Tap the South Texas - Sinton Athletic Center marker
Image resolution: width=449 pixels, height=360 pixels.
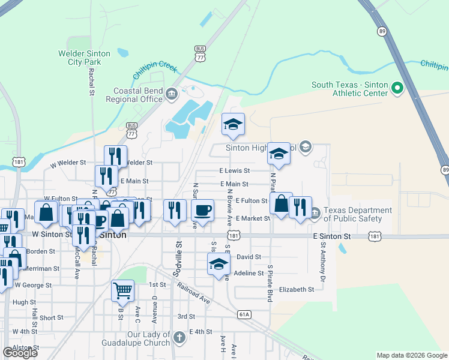[397, 89]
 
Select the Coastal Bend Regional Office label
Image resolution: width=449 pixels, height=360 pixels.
[139, 95]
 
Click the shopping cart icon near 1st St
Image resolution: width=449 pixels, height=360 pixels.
[122, 290]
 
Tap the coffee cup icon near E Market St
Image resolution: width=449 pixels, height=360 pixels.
[202, 210]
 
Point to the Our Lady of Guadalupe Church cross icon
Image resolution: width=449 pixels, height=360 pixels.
[178, 338]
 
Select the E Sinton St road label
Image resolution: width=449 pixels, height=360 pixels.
[332, 237]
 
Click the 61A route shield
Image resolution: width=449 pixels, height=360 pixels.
[243, 314]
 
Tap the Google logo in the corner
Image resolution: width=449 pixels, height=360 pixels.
[20, 353]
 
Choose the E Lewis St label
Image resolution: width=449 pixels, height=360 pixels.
[234, 171]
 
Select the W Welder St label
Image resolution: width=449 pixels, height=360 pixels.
[68, 163]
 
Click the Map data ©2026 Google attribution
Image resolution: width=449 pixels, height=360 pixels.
[412, 355]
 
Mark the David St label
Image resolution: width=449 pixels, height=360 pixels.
[249, 257]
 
